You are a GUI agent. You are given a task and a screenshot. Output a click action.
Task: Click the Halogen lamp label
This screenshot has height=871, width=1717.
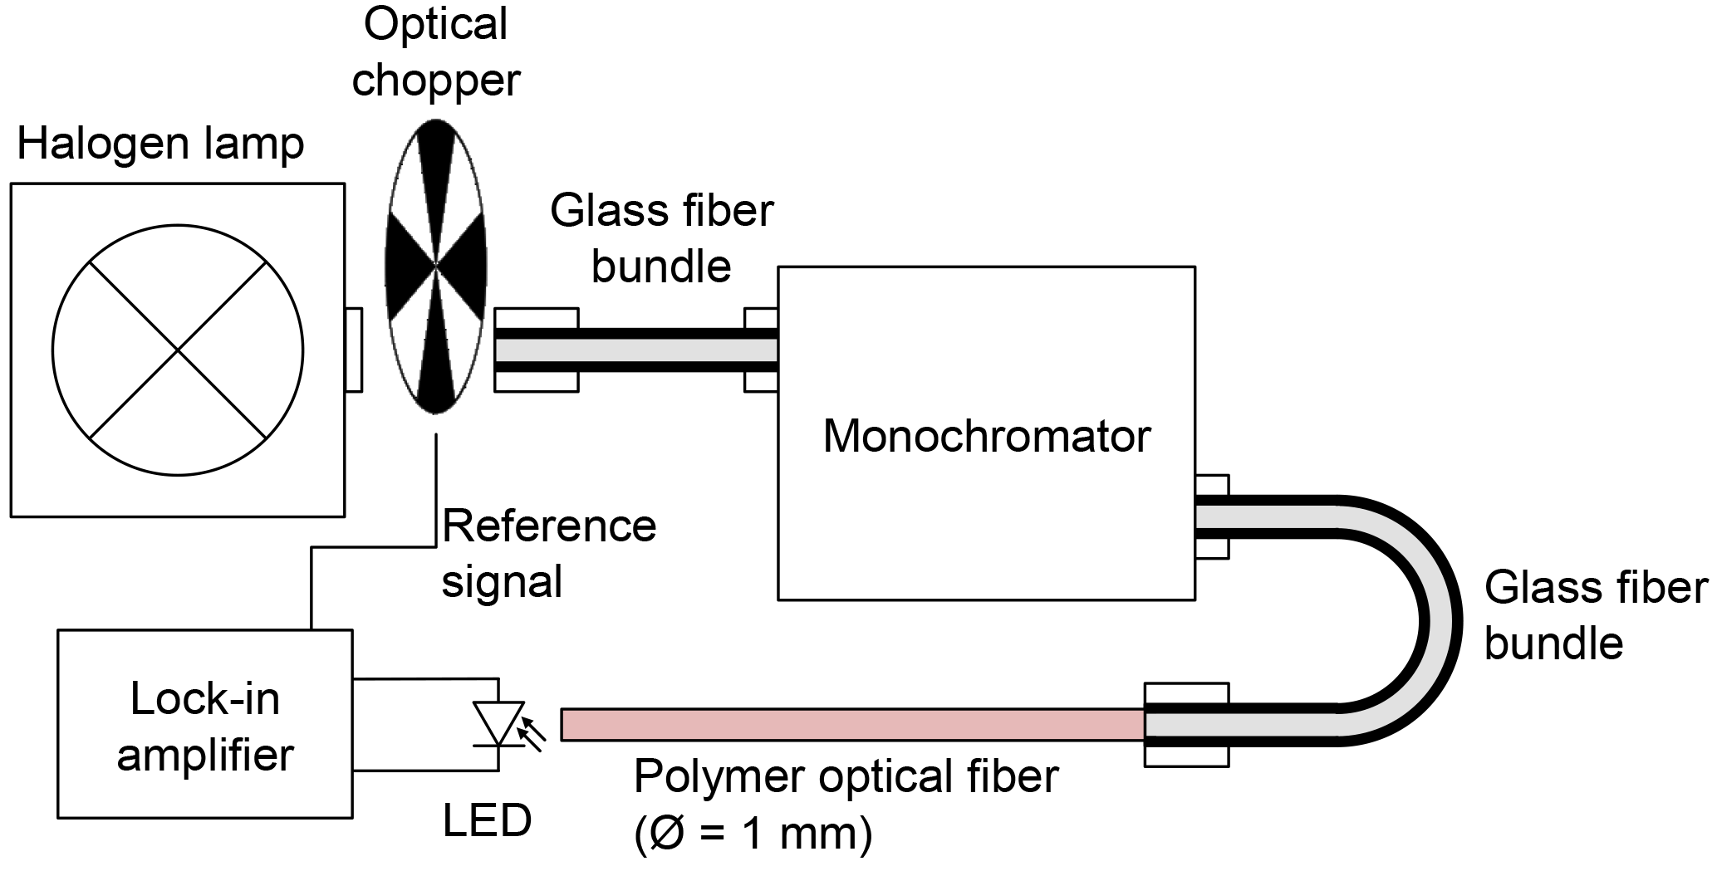point(160,144)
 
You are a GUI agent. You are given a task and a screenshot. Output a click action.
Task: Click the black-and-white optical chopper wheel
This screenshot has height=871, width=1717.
point(436,266)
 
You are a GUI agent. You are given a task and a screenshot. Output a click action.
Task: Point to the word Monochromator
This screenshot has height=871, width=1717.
point(986,436)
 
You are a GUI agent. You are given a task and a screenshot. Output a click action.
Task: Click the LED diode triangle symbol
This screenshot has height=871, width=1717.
point(498,722)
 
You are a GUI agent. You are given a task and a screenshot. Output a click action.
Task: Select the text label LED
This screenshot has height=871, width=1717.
point(487,821)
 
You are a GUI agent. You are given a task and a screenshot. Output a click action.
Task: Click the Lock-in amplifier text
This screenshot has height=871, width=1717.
point(205,727)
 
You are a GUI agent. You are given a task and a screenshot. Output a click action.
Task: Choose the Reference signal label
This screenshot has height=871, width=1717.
point(548,553)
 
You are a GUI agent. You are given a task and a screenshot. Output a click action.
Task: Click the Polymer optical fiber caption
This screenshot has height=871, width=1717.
point(846,776)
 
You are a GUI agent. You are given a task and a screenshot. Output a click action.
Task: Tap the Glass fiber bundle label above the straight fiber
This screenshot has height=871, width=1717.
point(661,238)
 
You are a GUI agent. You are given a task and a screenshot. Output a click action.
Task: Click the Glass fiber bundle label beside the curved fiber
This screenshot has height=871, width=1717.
point(1595,615)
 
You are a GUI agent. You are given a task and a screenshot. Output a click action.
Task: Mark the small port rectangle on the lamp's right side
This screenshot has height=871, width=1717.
point(353,350)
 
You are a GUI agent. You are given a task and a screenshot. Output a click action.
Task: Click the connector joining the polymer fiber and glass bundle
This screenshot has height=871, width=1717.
point(1186,724)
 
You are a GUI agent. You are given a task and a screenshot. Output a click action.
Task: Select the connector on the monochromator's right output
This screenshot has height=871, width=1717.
point(1211,516)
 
